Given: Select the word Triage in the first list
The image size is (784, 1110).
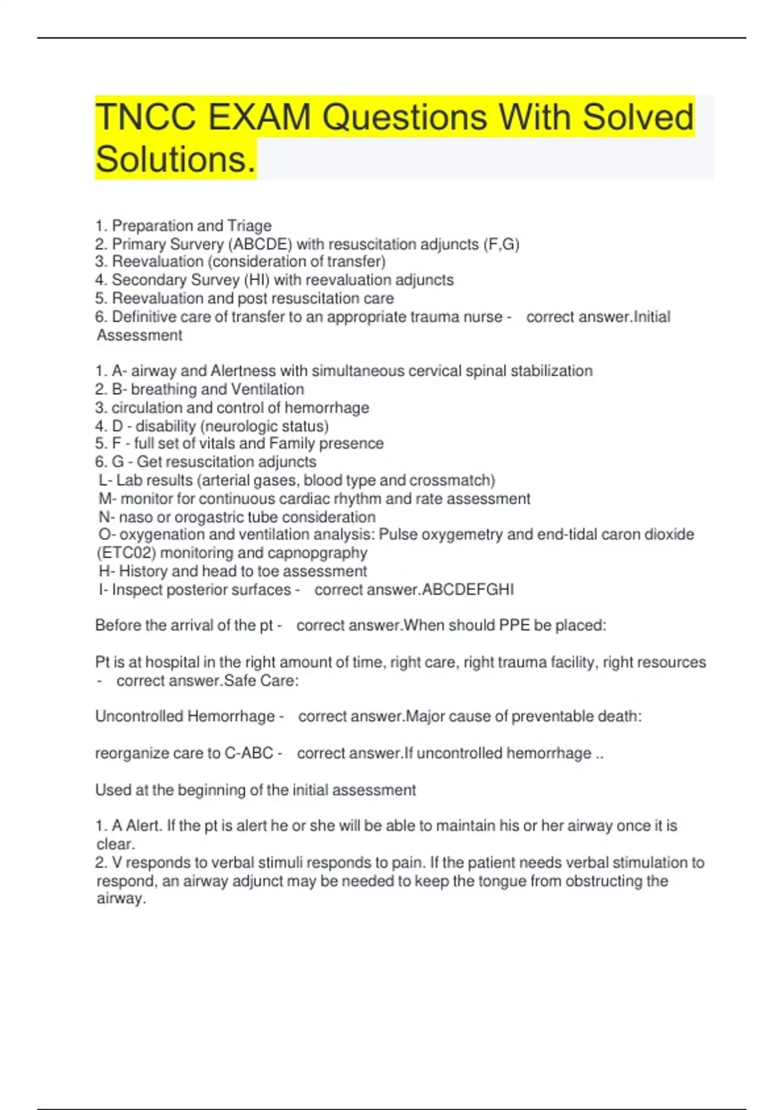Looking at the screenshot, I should (249, 226).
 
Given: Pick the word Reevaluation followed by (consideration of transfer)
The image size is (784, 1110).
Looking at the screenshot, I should (157, 262).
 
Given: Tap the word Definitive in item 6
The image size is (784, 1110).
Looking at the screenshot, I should (145, 317).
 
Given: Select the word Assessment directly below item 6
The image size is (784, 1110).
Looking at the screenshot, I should (139, 336).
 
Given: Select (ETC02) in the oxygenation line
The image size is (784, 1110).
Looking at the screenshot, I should (126, 553).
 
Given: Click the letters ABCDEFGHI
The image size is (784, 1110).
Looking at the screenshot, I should (468, 590).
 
